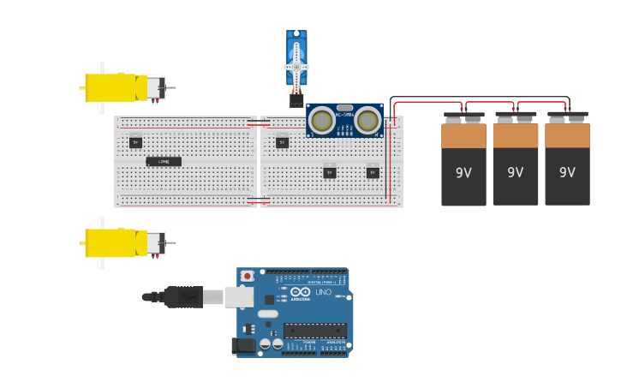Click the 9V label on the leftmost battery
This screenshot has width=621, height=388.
[x=463, y=173]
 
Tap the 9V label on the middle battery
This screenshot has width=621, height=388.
[x=515, y=173]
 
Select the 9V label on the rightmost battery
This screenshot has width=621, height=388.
[x=567, y=173]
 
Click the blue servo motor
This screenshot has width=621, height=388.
[x=296, y=58]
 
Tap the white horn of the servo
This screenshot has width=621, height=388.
[x=296, y=67]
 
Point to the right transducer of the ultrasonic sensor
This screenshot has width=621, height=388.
[x=369, y=120]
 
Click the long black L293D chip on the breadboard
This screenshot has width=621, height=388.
[x=164, y=161]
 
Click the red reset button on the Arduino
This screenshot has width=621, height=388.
[x=248, y=276]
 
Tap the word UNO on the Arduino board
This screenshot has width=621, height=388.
[x=323, y=292]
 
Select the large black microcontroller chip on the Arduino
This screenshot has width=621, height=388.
[x=315, y=331]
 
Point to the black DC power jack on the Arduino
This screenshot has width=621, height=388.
[x=244, y=345]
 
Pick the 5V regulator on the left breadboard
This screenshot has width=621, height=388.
[x=135, y=142]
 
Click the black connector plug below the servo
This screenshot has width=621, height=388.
[x=296, y=99]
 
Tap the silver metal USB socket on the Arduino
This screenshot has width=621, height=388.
[x=239, y=297]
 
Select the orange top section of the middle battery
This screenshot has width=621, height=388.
[x=515, y=135]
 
